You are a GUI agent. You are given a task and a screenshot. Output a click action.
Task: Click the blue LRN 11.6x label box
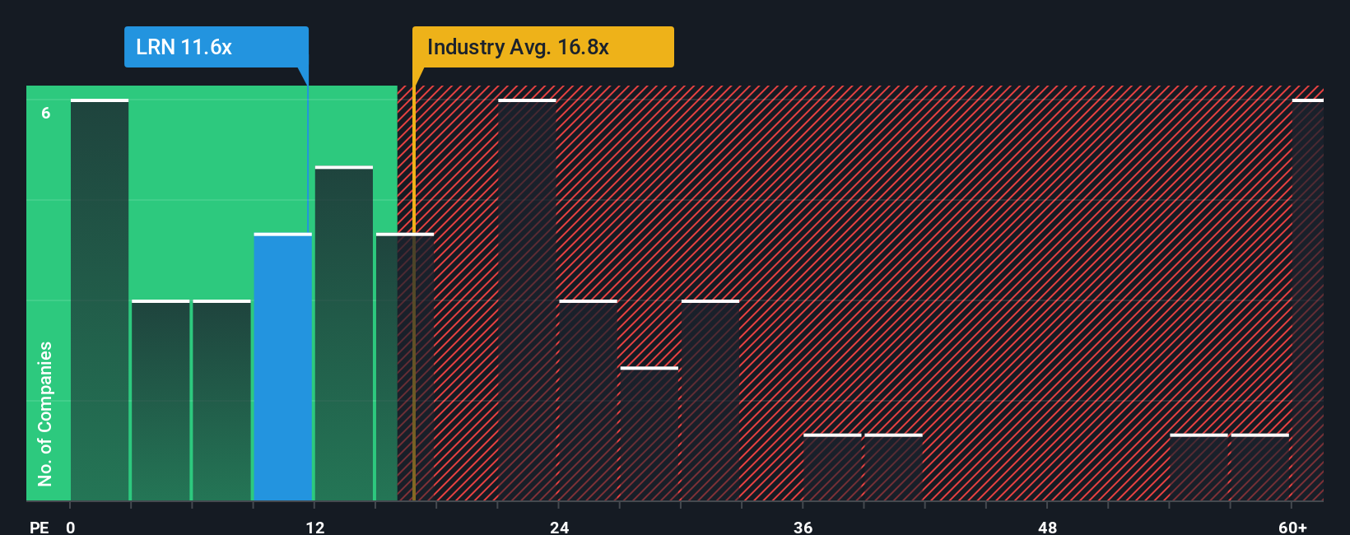tap(216, 47)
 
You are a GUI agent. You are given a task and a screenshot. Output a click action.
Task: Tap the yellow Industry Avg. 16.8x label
tap(542, 47)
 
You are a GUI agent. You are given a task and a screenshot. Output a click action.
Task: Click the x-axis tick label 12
tap(315, 527)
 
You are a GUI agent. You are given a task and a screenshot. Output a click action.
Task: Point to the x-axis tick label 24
tap(559, 527)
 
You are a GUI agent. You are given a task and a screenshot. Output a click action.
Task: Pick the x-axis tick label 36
tap(803, 527)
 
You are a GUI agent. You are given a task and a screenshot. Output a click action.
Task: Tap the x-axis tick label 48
tap(1047, 527)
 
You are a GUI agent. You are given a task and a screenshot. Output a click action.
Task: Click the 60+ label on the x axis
tap(1292, 527)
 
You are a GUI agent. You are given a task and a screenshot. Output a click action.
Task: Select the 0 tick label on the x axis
tap(71, 527)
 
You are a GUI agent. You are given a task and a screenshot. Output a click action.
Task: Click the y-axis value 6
tap(46, 113)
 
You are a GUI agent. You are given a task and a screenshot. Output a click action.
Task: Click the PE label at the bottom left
tap(39, 527)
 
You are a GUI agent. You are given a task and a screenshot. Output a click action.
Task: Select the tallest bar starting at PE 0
tap(100, 300)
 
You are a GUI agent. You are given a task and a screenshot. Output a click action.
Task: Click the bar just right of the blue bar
tap(344, 333)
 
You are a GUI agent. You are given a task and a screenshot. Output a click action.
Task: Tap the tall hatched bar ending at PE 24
tap(527, 300)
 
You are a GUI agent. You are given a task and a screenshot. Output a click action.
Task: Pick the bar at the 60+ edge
tap(1307, 300)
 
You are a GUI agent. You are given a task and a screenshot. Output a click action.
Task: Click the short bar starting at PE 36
tap(832, 468)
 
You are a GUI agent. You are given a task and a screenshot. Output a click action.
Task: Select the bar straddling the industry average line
tap(405, 366)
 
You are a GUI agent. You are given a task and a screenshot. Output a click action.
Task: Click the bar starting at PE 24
tap(588, 400)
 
